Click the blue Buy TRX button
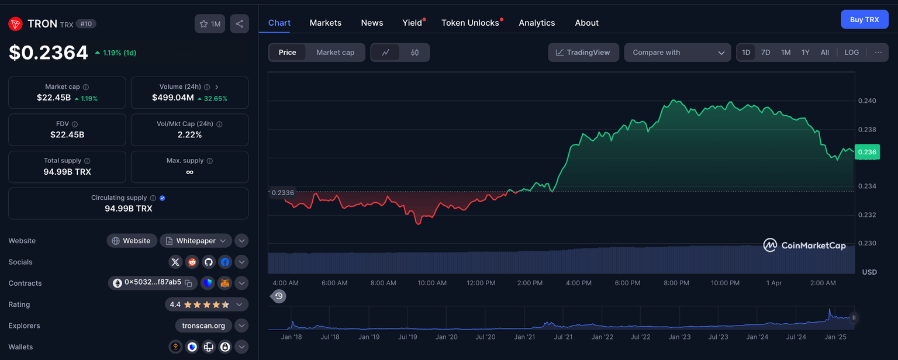(x=864, y=19)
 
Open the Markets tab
(x=325, y=23)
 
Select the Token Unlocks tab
(x=470, y=23)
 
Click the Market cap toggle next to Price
(x=335, y=53)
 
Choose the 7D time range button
(x=765, y=53)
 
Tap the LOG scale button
(x=851, y=53)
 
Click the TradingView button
(x=583, y=53)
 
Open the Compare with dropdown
(x=677, y=53)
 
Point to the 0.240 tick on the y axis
(x=866, y=101)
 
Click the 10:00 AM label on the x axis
(x=432, y=283)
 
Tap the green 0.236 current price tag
(x=866, y=152)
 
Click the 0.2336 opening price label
(x=283, y=192)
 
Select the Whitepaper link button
(x=195, y=241)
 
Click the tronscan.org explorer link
(x=203, y=326)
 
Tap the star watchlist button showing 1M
(x=209, y=24)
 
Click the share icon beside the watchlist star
(x=239, y=24)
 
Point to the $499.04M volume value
(x=173, y=98)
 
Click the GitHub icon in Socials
(x=208, y=262)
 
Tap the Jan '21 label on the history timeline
(x=524, y=337)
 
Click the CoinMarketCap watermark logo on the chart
(x=804, y=245)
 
